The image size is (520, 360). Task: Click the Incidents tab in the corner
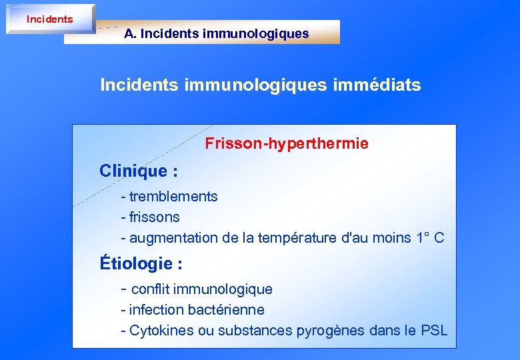pos(49,19)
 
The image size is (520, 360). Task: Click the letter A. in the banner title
pos(130,33)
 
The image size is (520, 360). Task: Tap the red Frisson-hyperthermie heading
pos(287,143)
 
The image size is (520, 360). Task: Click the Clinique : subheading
pos(139,171)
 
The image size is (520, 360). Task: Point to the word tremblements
pos(173,197)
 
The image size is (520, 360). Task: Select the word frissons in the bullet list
pos(155,217)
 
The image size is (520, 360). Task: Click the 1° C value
pos(429,238)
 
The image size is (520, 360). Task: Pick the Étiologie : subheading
pos(141,264)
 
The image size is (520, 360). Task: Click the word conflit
pos(150,289)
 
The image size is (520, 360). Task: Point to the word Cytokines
pos(158,331)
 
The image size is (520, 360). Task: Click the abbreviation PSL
pos(434,331)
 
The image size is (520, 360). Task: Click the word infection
pos(157,310)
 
